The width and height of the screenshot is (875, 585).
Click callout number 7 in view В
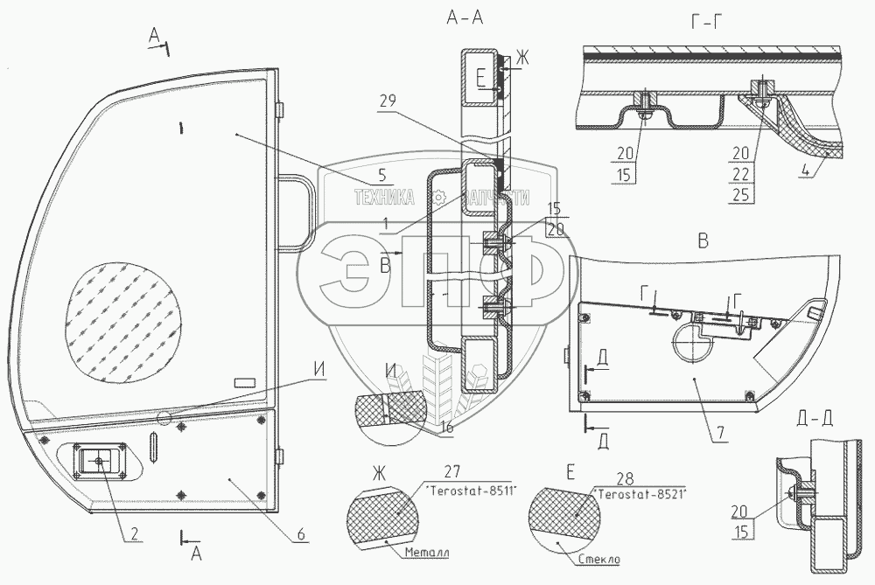pos(718,431)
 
